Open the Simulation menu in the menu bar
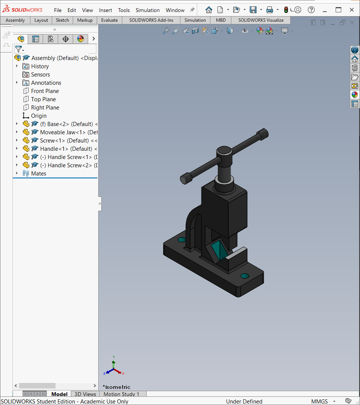pos(147,10)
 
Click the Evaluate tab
pos(109,20)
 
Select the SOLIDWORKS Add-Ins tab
pos(151,20)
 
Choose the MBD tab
pos(220,20)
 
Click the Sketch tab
pos(62,20)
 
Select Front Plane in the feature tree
pos(45,91)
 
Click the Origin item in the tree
pos(39,116)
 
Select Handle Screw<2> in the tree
pos(70,165)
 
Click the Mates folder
pos(39,174)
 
